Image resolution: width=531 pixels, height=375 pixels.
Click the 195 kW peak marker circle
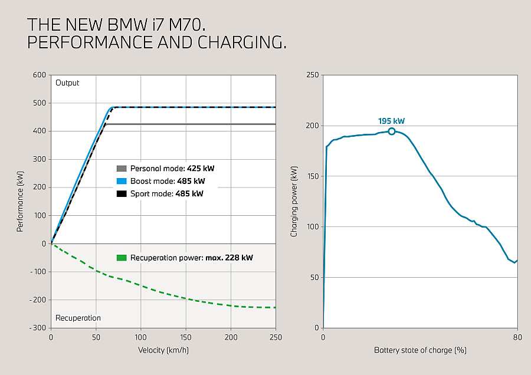point(392,131)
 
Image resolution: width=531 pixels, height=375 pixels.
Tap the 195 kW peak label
point(392,121)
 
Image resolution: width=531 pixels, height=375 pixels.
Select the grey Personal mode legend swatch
point(122,168)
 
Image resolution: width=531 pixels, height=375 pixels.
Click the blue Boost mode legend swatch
point(122,181)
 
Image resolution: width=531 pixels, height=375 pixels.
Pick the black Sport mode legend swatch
point(122,193)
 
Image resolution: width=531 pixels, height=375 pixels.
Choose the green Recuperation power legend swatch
point(122,258)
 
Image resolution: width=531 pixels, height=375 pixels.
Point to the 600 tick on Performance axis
point(40,75)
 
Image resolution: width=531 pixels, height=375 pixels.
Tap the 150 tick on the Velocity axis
point(186,337)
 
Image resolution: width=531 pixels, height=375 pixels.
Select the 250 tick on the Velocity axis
point(276,337)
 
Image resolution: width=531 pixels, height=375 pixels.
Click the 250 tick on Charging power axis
point(313,75)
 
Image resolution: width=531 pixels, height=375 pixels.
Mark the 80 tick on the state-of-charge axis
point(517,337)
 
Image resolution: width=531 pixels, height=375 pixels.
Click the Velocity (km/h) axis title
point(163,350)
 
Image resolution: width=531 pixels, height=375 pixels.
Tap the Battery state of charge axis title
point(420,350)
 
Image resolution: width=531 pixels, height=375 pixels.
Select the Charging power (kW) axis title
point(294,202)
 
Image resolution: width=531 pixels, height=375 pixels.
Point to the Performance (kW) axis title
point(20,202)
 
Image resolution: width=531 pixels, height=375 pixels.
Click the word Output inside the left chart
point(67,83)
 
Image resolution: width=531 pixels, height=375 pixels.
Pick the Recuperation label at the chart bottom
point(78,318)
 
